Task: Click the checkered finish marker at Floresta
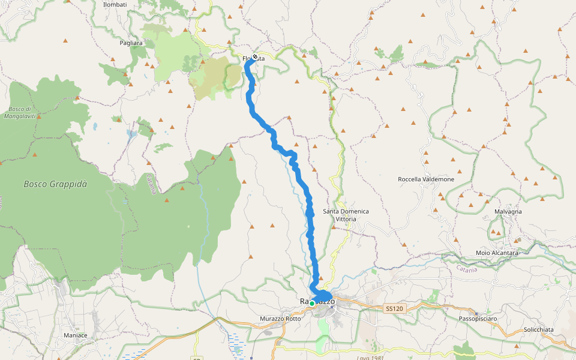click(x=256, y=57)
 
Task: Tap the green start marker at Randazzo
click(x=312, y=304)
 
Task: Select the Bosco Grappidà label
click(x=55, y=184)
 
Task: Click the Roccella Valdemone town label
click(x=426, y=179)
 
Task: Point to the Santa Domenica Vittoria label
click(x=346, y=215)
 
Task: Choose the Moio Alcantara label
click(x=497, y=253)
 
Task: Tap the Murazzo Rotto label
click(x=280, y=319)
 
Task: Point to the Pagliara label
click(x=131, y=43)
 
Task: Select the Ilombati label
click(x=115, y=5)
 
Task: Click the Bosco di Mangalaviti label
click(x=20, y=112)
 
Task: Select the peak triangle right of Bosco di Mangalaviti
click(x=39, y=117)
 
